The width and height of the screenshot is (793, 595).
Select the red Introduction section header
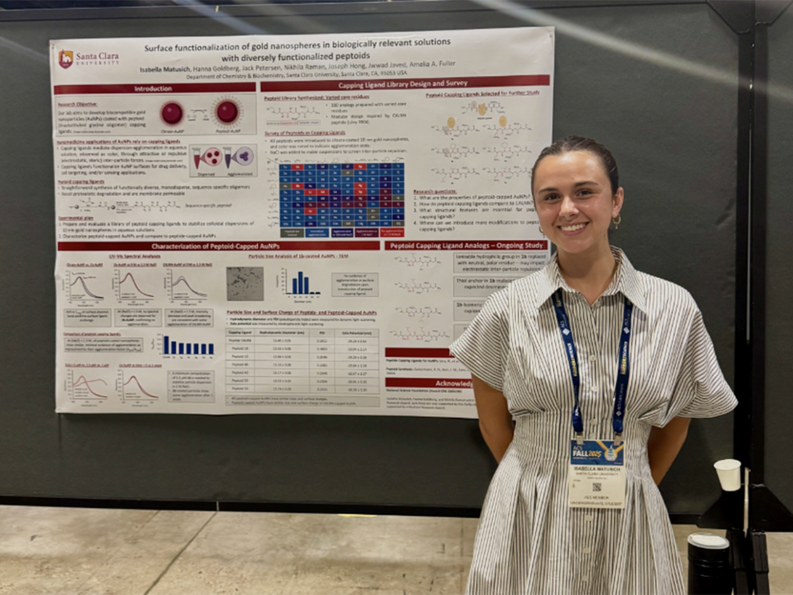[154, 88]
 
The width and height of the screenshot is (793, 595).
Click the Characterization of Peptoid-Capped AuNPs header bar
[218, 246]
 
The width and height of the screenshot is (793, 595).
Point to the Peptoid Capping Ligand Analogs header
[466, 245]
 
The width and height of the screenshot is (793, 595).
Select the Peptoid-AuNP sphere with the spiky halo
[227, 111]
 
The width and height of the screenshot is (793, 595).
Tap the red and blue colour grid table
[341, 195]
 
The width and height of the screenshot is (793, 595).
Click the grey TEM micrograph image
[245, 283]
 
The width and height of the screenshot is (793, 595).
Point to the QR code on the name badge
[596, 487]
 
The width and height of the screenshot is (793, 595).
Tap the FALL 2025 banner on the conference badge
[596, 450]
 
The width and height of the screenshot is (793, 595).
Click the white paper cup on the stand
[727, 474]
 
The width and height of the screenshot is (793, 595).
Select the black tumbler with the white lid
[708, 564]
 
